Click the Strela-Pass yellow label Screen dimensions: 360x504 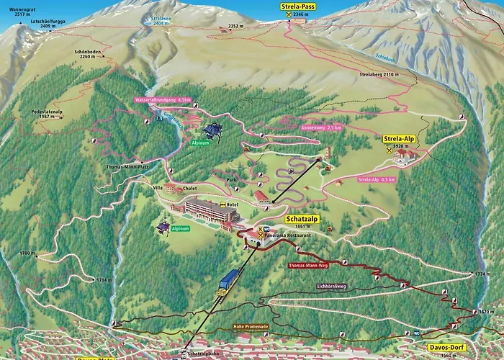(x=297, y=6)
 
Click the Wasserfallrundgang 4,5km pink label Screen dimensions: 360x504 (x=162, y=100)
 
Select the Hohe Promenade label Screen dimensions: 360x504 (x=251, y=326)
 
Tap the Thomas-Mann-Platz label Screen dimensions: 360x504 (x=127, y=166)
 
